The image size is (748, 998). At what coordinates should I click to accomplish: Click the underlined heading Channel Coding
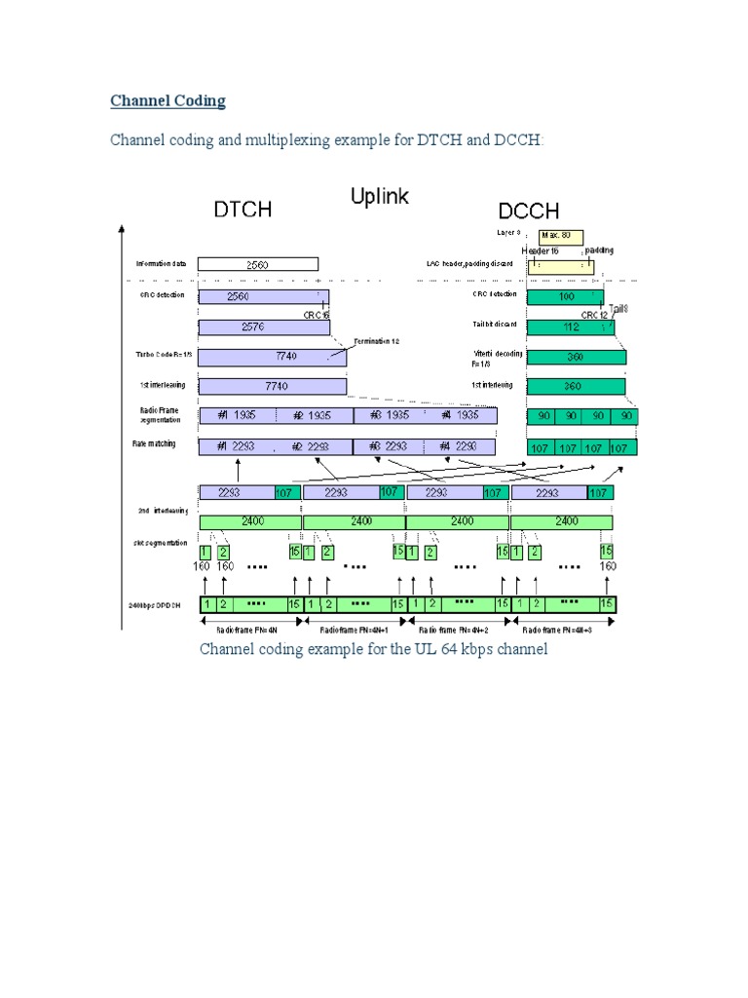(x=168, y=100)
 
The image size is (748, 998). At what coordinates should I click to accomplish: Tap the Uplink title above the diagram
(x=380, y=197)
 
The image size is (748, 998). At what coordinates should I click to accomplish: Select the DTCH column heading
(x=243, y=210)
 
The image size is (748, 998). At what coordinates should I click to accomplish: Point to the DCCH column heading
(x=528, y=211)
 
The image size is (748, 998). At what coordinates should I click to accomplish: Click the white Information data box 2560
(x=257, y=264)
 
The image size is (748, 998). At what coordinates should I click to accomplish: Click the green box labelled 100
(x=565, y=296)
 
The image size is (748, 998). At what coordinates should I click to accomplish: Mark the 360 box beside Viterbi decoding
(x=575, y=358)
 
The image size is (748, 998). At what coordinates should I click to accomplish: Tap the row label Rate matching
(x=155, y=443)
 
